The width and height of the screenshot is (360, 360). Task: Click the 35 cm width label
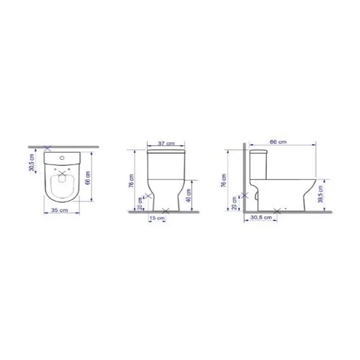(59, 210)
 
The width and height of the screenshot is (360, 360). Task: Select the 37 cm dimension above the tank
(166, 143)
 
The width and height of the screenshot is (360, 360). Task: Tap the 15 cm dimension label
(157, 218)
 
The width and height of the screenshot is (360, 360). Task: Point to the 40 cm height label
(189, 196)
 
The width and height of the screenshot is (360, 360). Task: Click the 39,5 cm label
(321, 194)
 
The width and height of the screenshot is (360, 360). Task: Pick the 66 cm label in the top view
(88, 178)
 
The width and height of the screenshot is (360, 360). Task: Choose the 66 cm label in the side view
(278, 142)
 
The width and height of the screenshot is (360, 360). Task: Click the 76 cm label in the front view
(131, 181)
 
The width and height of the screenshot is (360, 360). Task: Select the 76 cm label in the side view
(224, 181)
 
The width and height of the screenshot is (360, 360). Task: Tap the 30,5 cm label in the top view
(32, 162)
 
